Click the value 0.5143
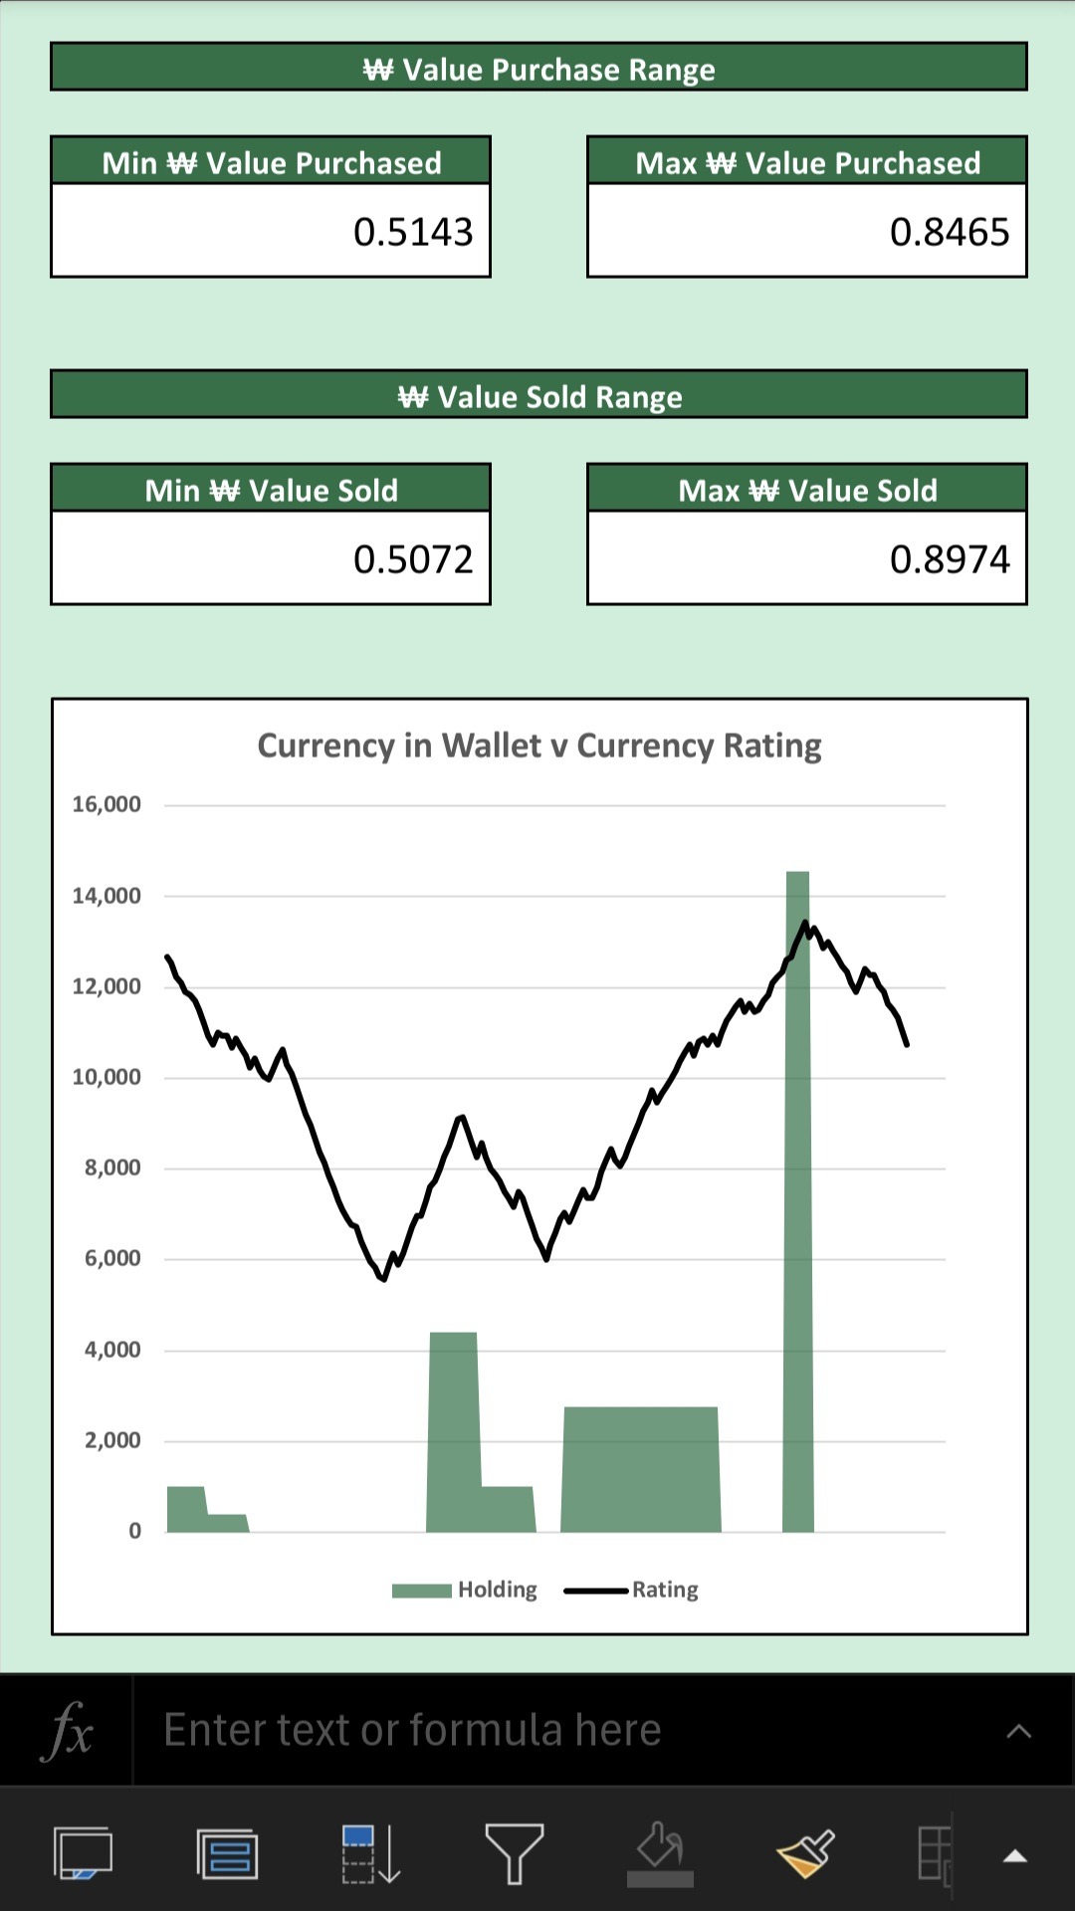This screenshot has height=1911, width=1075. click(413, 232)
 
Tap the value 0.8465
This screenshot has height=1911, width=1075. click(950, 232)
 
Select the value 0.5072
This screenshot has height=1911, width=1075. click(413, 559)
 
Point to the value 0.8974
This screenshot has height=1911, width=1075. click(950, 559)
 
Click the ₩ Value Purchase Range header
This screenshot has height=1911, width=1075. click(538, 69)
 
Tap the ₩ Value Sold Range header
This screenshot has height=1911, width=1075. click(538, 396)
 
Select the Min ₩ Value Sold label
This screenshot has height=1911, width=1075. click(271, 490)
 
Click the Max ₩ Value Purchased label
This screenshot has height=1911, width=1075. click(807, 162)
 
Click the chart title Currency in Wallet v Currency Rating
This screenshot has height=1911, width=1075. click(538, 745)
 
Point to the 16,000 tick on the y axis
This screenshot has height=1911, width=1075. click(107, 804)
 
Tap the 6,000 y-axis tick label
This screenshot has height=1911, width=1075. click(112, 1258)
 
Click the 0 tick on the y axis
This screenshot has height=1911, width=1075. click(134, 1531)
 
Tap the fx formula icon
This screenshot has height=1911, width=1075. click(67, 1731)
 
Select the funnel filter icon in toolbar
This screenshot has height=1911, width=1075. click(514, 1852)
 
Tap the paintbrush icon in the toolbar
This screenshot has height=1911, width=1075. click(804, 1852)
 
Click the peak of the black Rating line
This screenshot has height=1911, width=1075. click(805, 923)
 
